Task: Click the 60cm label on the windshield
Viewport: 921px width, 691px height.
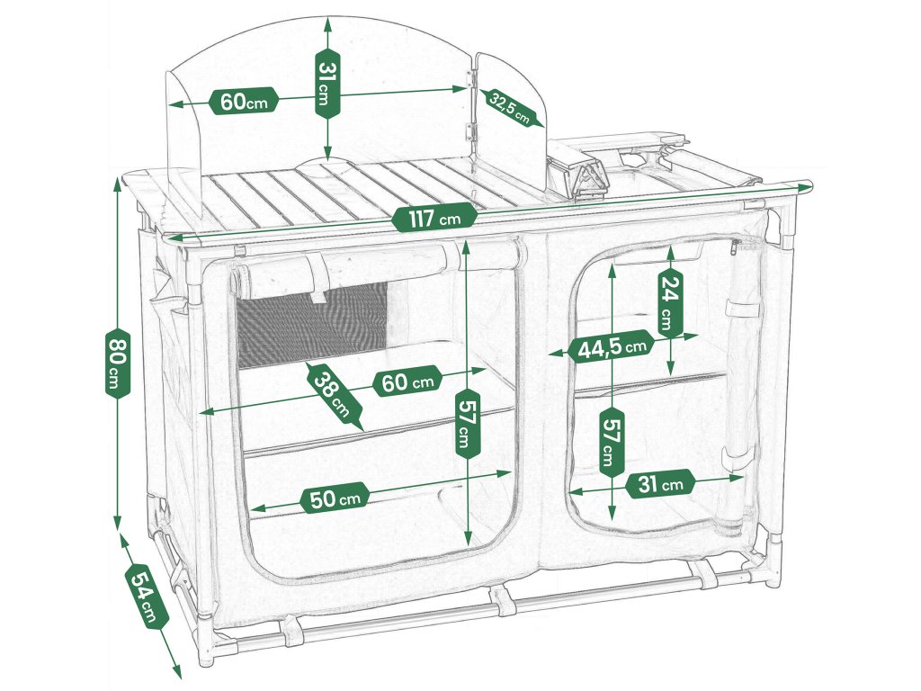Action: (x=243, y=102)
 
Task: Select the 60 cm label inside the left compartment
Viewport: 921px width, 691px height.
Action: (x=407, y=382)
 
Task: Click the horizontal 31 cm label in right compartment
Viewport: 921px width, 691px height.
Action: (x=660, y=484)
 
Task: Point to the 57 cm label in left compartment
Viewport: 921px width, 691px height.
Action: (x=465, y=424)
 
